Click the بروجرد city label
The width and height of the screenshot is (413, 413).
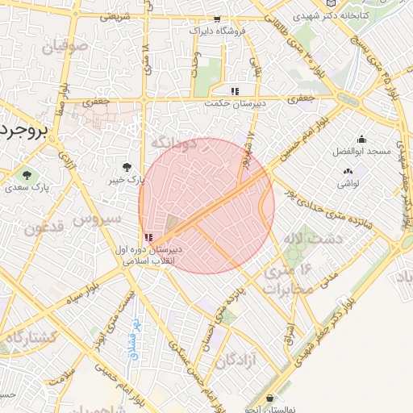pos(24,129)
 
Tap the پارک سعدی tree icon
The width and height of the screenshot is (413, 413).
pos(28,174)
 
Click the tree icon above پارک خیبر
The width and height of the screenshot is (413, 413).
pos(127,168)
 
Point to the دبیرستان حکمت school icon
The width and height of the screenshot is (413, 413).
pos(235,91)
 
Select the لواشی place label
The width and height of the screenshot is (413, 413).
pos(348,183)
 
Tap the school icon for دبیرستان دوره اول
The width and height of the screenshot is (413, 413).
pos(148,238)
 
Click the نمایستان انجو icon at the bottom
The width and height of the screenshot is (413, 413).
pos(269,398)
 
